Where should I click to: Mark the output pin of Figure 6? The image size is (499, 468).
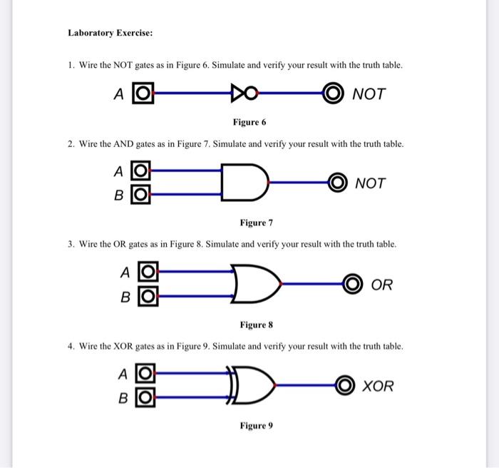click(332, 93)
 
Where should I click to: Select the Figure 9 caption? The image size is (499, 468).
click(256, 426)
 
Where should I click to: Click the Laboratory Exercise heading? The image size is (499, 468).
click(110, 33)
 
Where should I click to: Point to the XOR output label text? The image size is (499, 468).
click(378, 387)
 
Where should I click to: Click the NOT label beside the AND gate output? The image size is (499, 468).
click(370, 183)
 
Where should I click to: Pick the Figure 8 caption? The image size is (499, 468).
click(257, 325)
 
